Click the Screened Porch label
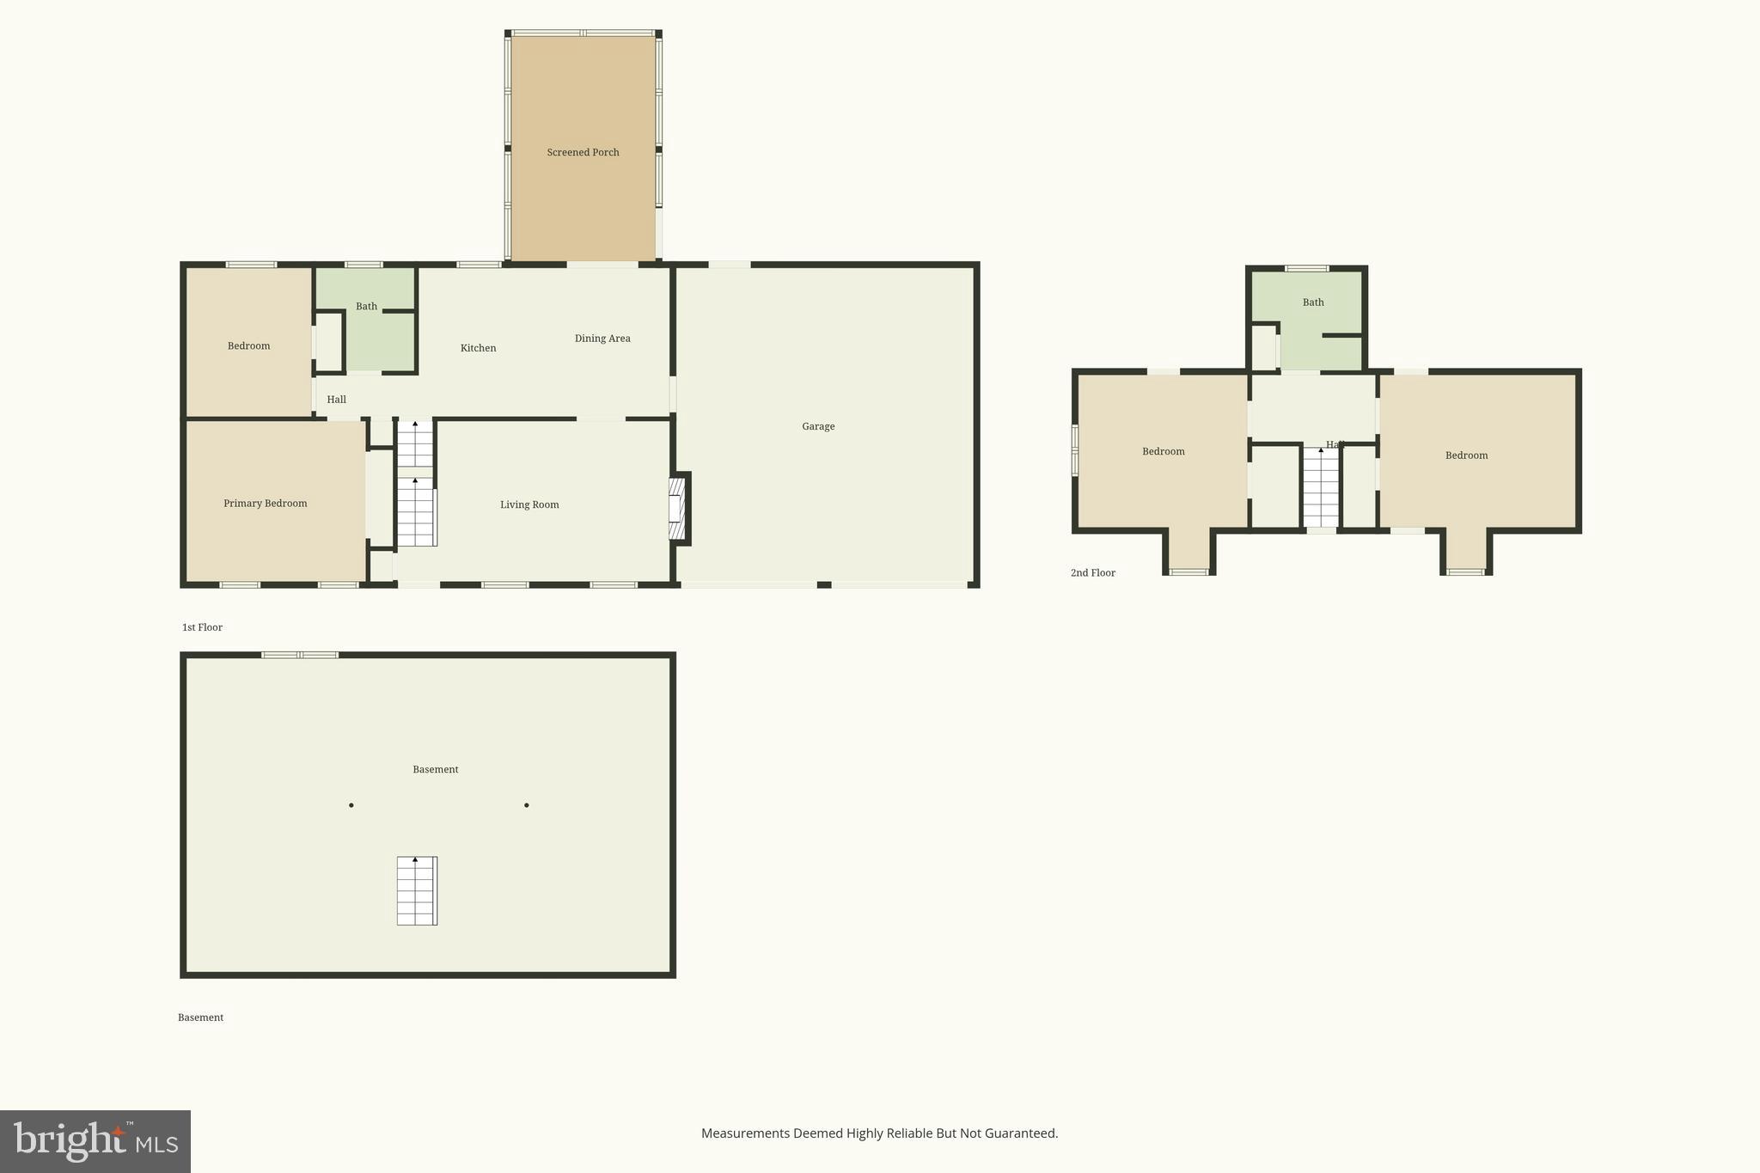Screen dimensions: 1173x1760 pos(583,152)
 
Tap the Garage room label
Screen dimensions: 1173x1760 pos(818,426)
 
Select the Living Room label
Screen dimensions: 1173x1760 pos(529,504)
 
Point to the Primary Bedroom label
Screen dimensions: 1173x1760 pos(265,504)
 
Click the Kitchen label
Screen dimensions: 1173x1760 pos(478,348)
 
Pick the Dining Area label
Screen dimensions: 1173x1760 pos(602,339)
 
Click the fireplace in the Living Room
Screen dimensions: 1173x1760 pos(677,510)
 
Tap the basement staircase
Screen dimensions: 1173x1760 pos(417,891)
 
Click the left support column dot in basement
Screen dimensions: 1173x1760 pos(351,805)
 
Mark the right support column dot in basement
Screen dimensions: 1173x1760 pos(527,805)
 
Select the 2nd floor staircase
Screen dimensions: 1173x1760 pos(1321,487)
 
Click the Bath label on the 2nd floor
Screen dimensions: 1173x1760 pos(1313,302)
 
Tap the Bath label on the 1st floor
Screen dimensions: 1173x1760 pos(366,307)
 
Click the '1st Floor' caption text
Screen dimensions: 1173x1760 pos(202,627)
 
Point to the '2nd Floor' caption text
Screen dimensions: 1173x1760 pos(1092,573)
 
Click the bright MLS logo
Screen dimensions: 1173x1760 pos(95,1141)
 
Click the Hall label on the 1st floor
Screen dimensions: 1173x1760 pos(336,400)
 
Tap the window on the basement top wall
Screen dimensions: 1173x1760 pos(300,655)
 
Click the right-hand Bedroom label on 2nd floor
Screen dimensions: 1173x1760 pos(1466,455)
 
